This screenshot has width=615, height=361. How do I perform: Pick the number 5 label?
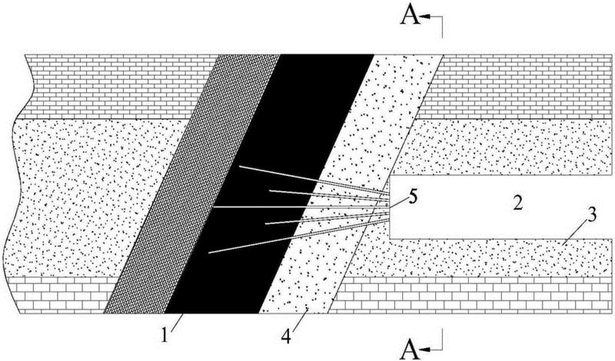click(413, 197)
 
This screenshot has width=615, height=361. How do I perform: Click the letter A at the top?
click(411, 17)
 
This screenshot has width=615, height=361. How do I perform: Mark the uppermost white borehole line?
click(307, 178)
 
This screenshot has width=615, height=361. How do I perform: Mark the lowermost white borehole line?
click(292, 239)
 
